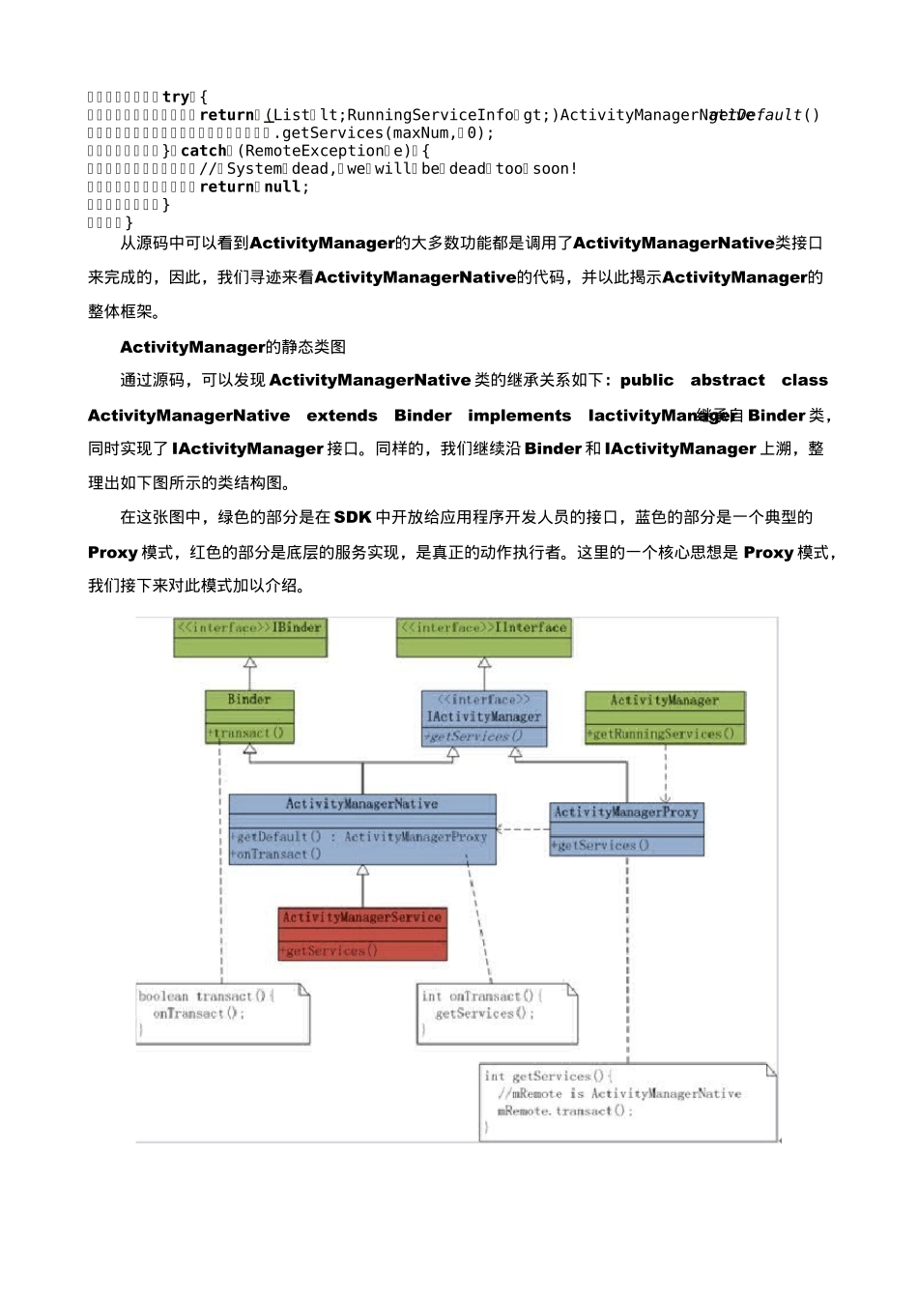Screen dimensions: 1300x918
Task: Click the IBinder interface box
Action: (x=250, y=637)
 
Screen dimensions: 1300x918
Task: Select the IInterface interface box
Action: (x=484, y=637)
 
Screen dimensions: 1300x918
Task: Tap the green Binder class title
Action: (x=249, y=700)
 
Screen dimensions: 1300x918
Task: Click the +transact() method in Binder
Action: (x=246, y=733)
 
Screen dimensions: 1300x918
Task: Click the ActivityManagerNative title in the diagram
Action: (x=361, y=804)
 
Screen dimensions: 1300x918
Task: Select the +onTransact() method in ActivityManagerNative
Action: (x=277, y=854)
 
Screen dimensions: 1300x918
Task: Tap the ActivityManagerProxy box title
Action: (x=626, y=813)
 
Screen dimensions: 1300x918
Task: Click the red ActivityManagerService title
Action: (x=362, y=917)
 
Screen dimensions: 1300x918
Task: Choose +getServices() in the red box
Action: (x=330, y=951)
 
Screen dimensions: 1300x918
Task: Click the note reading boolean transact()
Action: (x=206, y=997)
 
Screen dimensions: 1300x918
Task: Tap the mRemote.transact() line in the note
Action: (x=565, y=1112)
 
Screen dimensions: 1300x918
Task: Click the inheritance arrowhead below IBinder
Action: (x=250, y=664)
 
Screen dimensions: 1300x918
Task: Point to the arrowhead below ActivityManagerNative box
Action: (x=362, y=871)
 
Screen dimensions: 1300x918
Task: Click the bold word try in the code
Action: (x=176, y=97)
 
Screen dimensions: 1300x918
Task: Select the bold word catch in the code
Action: (x=203, y=151)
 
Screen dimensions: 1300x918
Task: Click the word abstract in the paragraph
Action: (x=727, y=381)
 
